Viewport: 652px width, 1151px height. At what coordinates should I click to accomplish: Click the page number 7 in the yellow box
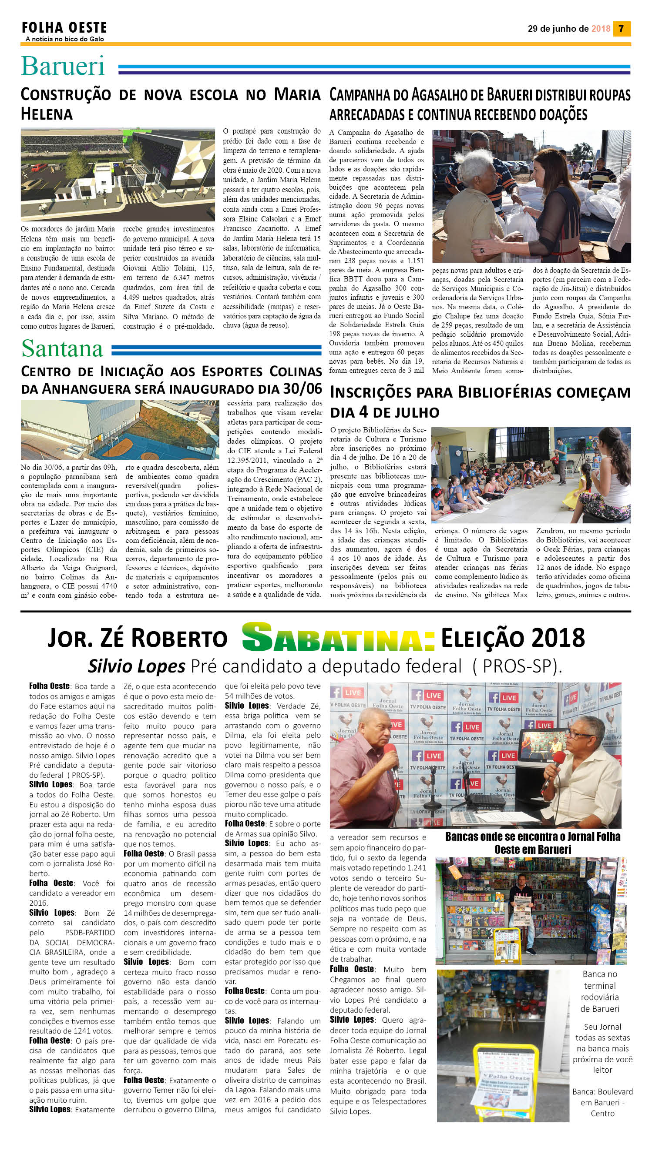tap(621, 29)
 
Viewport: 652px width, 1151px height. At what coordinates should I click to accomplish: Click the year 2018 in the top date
tap(601, 29)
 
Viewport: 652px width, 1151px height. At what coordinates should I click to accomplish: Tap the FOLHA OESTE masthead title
tap(64, 28)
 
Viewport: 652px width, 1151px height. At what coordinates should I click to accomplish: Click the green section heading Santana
tap(62, 348)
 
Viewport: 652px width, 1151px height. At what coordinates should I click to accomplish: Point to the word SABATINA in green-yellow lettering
tap(338, 637)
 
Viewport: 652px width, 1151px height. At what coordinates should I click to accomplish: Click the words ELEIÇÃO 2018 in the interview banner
tap(513, 637)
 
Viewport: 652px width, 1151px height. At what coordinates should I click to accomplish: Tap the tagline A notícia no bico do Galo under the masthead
tap(65, 39)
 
